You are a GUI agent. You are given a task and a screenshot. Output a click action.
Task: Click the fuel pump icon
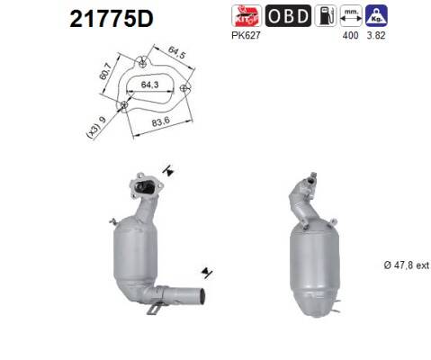[326, 15]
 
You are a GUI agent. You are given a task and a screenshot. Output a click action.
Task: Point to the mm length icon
[354, 15]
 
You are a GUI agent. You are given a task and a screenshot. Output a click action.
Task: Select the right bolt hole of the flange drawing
[185, 88]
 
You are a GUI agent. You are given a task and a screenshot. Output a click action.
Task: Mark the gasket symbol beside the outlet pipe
[208, 269]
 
